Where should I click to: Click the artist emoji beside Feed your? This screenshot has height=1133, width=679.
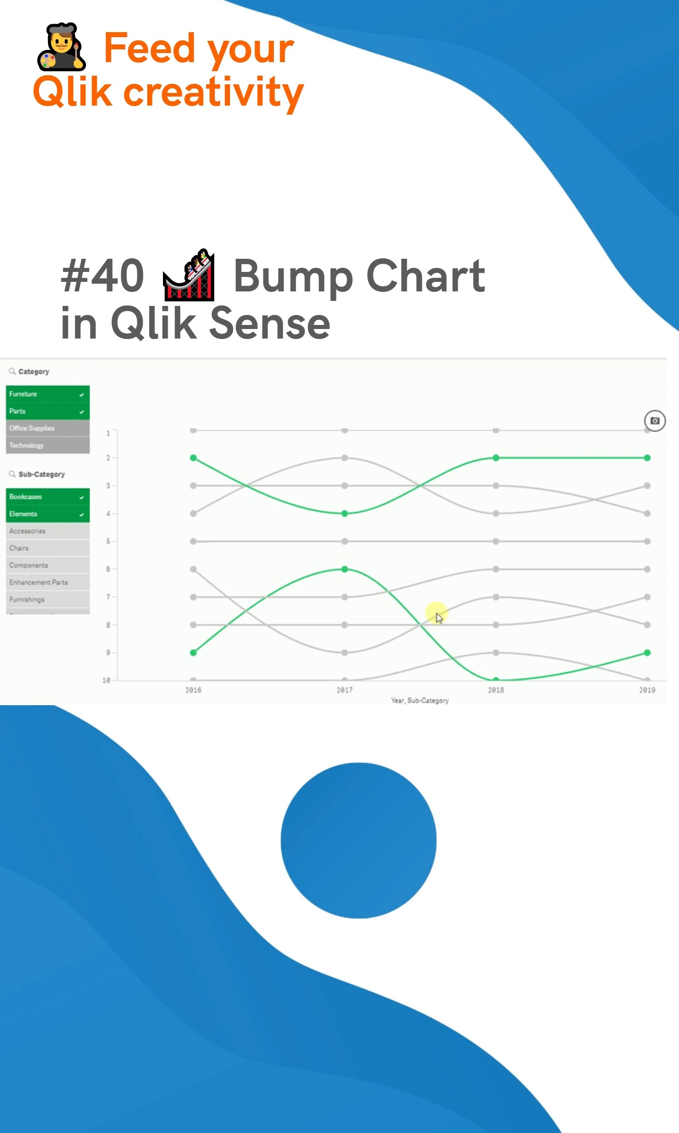pyautogui.click(x=61, y=47)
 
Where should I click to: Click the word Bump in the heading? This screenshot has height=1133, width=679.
pyautogui.click(x=293, y=276)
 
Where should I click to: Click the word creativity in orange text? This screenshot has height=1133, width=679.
pyautogui.click(x=213, y=92)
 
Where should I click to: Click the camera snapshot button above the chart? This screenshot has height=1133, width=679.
pyautogui.click(x=655, y=421)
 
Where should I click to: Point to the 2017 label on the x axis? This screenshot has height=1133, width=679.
pyautogui.click(x=344, y=690)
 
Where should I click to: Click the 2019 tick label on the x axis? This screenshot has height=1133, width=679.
pyautogui.click(x=647, y=690)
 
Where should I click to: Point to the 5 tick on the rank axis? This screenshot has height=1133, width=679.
pyautogui.click(x=109, y=541)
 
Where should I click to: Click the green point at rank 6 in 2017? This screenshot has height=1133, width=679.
pyautogui.click(x=344, y=569)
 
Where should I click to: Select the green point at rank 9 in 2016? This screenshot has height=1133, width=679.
pyautogui.click(x=194, y=653)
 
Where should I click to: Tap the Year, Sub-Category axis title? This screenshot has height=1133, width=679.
pyautogui.click(x=420, y=701)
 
